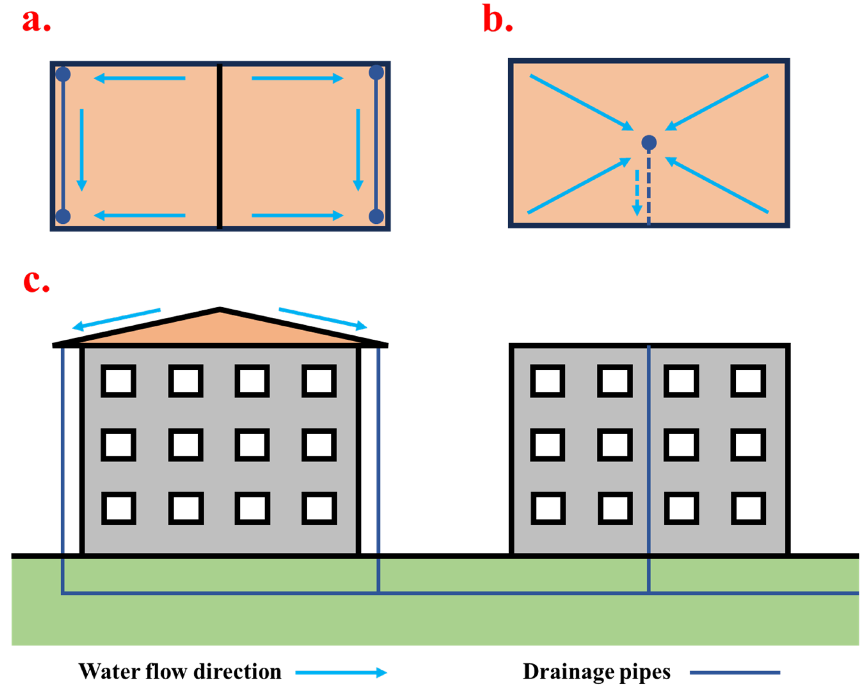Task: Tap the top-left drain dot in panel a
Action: [x=63, y=74]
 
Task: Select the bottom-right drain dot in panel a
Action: [x=376, y=216]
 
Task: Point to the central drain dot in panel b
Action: [x=648, y=142]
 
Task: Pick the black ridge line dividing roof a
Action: [x=220, y=146]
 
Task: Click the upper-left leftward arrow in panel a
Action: [x=140, y=78]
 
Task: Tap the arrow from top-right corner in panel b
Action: [x=717, y=102]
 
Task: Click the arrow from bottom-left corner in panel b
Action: [x=578, y=186]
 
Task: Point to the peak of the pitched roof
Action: [x=220, y=309]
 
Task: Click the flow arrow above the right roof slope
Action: [x=322, y=318]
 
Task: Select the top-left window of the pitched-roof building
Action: [x=118, y=380]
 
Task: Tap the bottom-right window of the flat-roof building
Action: [x=748, y=508]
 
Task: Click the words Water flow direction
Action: [x=180, y=672]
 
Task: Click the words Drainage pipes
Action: [x=596, y=672]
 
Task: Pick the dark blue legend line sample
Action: [x=734, y=672]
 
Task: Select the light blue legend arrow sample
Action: [x=340, y=672]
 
